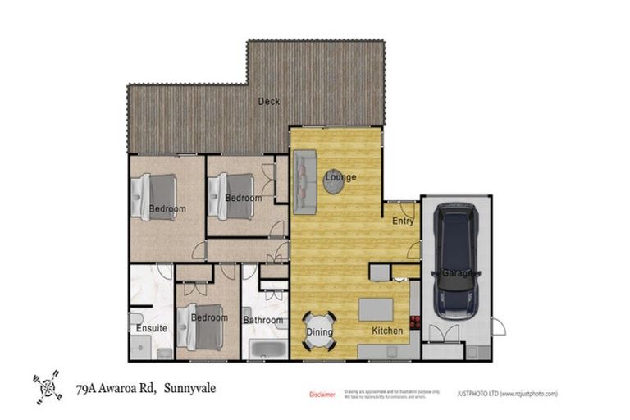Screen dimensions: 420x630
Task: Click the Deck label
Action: (268, 102)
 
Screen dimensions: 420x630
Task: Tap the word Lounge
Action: (340, 176)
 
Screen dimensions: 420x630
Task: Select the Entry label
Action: (403, 221)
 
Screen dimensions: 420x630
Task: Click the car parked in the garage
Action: (456, 261)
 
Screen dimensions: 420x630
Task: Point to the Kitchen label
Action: (388, 331)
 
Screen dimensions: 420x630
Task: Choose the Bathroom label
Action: (262, 320)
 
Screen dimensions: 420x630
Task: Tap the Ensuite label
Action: (152, 328)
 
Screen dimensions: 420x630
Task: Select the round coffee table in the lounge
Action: (334, 181)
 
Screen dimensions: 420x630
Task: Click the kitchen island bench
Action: (377, 308)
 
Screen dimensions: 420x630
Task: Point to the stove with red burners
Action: (415, 322)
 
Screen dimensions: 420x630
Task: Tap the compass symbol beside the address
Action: (48, 386)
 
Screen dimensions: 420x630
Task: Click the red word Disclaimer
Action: (322, 395)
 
